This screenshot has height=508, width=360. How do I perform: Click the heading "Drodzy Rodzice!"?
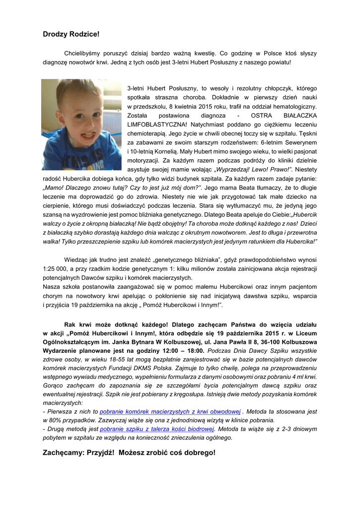(71, 34)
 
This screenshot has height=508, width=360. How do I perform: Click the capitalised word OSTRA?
(261, 116)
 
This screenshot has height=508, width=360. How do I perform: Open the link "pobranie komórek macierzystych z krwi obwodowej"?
(170, 412)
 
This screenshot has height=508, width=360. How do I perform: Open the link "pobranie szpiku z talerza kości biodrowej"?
(157, 429)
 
